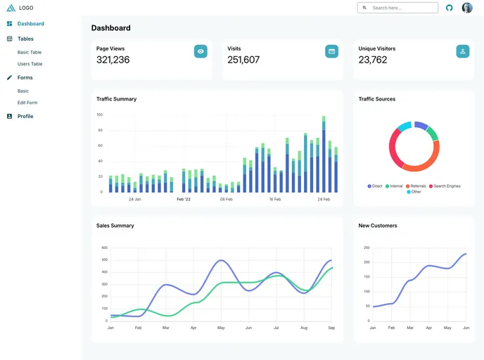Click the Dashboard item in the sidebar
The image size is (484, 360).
pos(30,24)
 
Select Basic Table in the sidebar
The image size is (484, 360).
pos(30,52)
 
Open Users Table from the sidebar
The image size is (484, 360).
pos(30,64)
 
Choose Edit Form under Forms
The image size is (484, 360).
pos(27,103)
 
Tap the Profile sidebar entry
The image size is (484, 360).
pos(25,116)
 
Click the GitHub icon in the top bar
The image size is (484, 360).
pos(450,8)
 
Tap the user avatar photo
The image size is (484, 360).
pos(467,8)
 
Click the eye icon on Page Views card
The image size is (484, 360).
pos(200,51)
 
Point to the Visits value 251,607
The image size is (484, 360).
pos(243,60)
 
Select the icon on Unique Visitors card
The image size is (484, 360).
pos(462,51)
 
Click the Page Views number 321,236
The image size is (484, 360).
pos(113,60)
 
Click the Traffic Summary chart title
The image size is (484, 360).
pos(116,99)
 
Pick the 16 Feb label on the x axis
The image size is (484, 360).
pos(275,199)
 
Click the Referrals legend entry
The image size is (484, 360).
pos(416,186)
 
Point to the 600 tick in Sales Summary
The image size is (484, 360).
pos(104,247)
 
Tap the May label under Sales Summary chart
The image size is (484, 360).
pos(221,328)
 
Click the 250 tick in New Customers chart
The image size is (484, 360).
pos(367,247)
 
